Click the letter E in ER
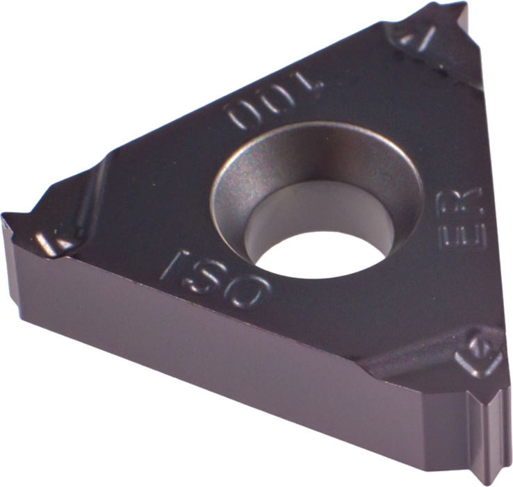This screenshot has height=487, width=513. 462,237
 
